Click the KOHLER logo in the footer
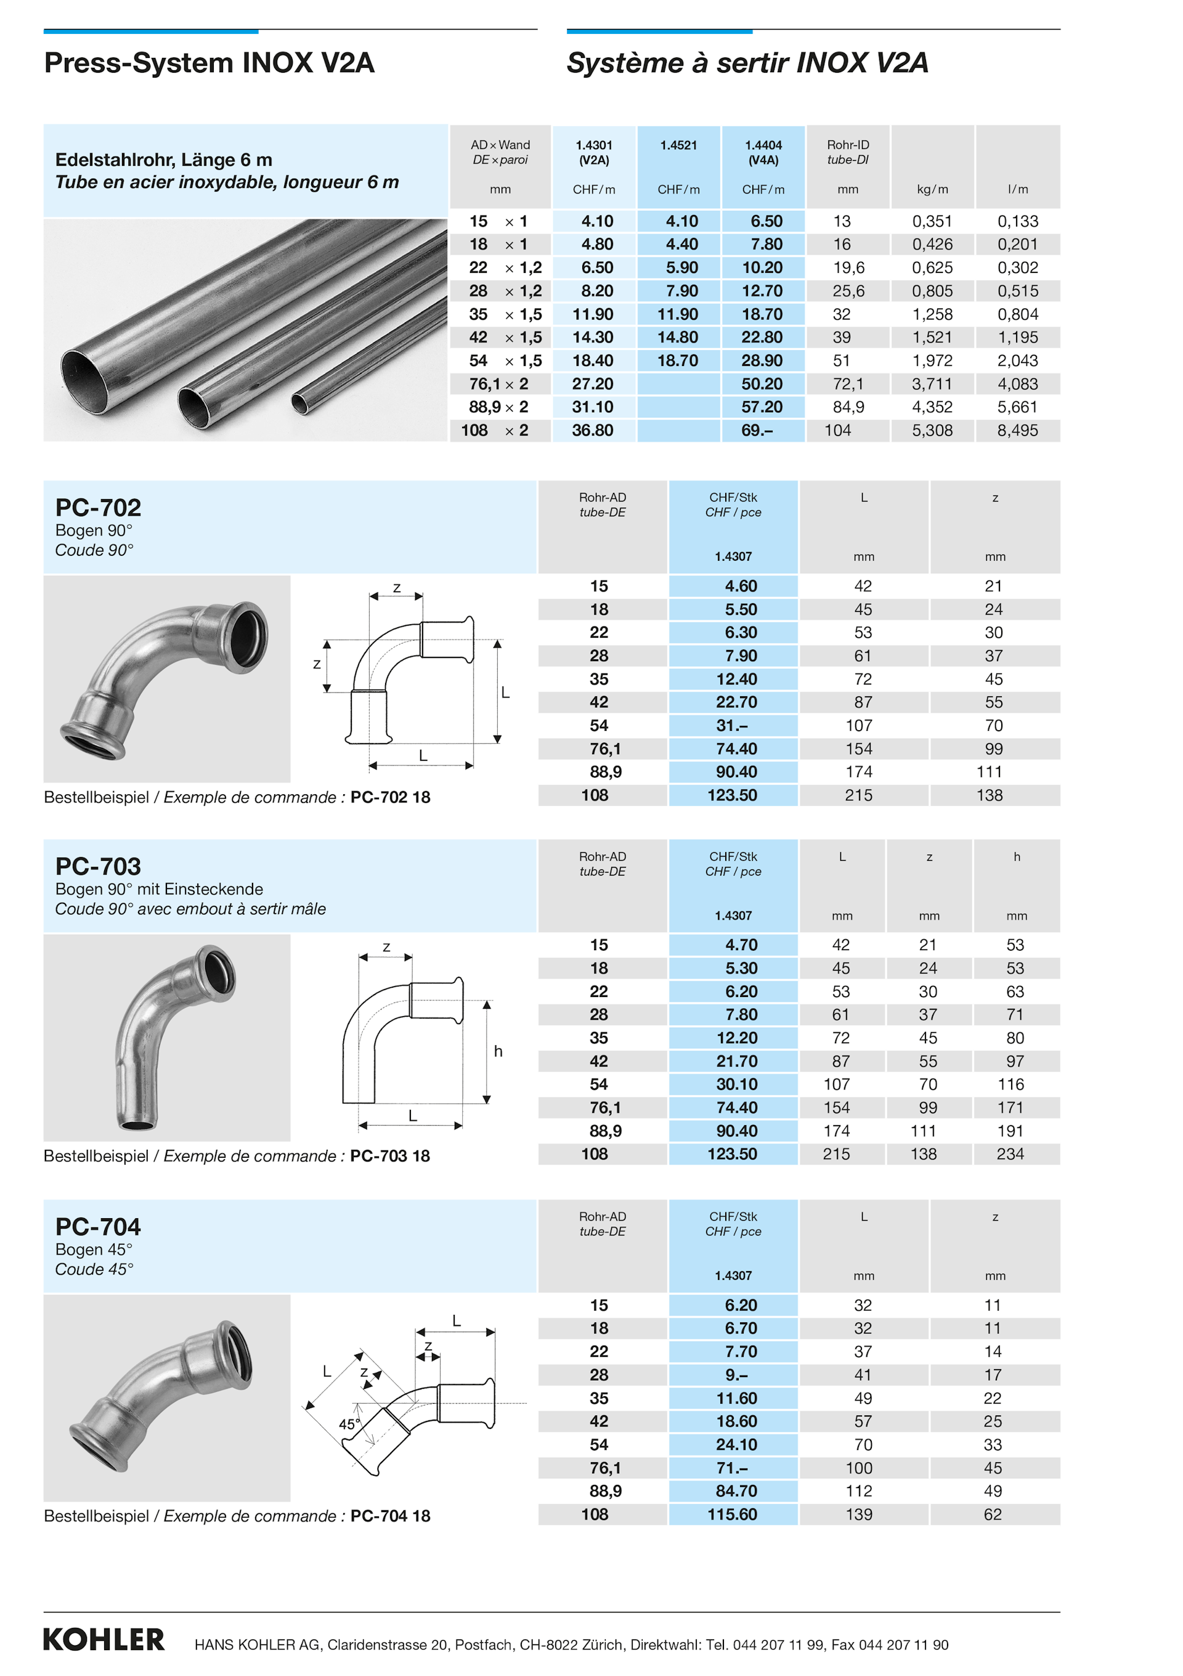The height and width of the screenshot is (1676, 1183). (x=104, y=1639)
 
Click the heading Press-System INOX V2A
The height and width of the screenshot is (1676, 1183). (x=209, y=63)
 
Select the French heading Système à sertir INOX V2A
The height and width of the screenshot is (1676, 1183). (x=747, y=63)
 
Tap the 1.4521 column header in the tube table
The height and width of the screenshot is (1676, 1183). (x=678, y=145)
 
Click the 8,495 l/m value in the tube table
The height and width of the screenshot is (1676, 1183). (x=1017, y=431)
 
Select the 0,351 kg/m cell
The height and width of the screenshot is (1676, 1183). (x=932, y=221)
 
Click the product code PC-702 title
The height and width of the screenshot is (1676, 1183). (x=99, y=507)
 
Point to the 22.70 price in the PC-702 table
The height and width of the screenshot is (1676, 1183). (x=736, y=702)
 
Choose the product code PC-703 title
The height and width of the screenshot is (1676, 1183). (x=99, y=866)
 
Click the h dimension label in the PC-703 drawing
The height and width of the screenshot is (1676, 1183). (x=498, y=1051)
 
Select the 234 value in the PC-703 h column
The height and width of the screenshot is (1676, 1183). (x=1010, y=1154)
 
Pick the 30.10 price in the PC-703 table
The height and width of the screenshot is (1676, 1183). (x=736, y=1084)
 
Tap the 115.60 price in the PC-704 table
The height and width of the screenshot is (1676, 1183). (x=732, y=1515)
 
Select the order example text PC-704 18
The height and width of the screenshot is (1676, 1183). (x=389, y=1516)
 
